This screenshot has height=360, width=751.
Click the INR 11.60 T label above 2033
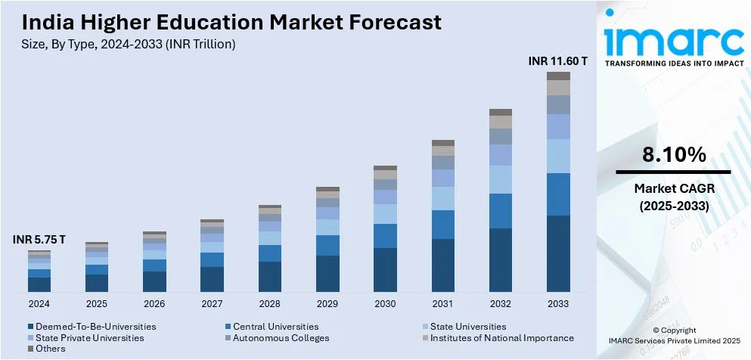[x=557, y=61]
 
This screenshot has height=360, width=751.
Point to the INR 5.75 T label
[x=39, y=240]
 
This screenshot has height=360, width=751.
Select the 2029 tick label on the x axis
[x=327, y=303]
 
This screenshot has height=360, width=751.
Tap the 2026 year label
[x=154, y=303]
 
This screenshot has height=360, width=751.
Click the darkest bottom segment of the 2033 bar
[x=558, y=253]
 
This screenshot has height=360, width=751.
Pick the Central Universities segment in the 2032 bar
[x=501, y=211]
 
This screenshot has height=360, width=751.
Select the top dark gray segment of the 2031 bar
[x=443, y=143]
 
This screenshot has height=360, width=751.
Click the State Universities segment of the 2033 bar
[x=558, y=157]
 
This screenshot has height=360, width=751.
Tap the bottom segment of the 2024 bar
[x=39, y=284]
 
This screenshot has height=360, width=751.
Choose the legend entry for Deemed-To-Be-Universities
[x=95, y=327]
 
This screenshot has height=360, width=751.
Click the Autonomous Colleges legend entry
[x=281, y=338]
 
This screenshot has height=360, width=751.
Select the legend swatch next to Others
[x=31, y=349]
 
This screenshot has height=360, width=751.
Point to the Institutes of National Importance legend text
[x=501, y=338]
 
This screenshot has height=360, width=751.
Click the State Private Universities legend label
[x=89, y=338]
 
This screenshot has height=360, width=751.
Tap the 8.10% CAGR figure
[x=674, y=156]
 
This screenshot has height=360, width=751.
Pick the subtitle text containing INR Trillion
[x=125, y=45]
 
